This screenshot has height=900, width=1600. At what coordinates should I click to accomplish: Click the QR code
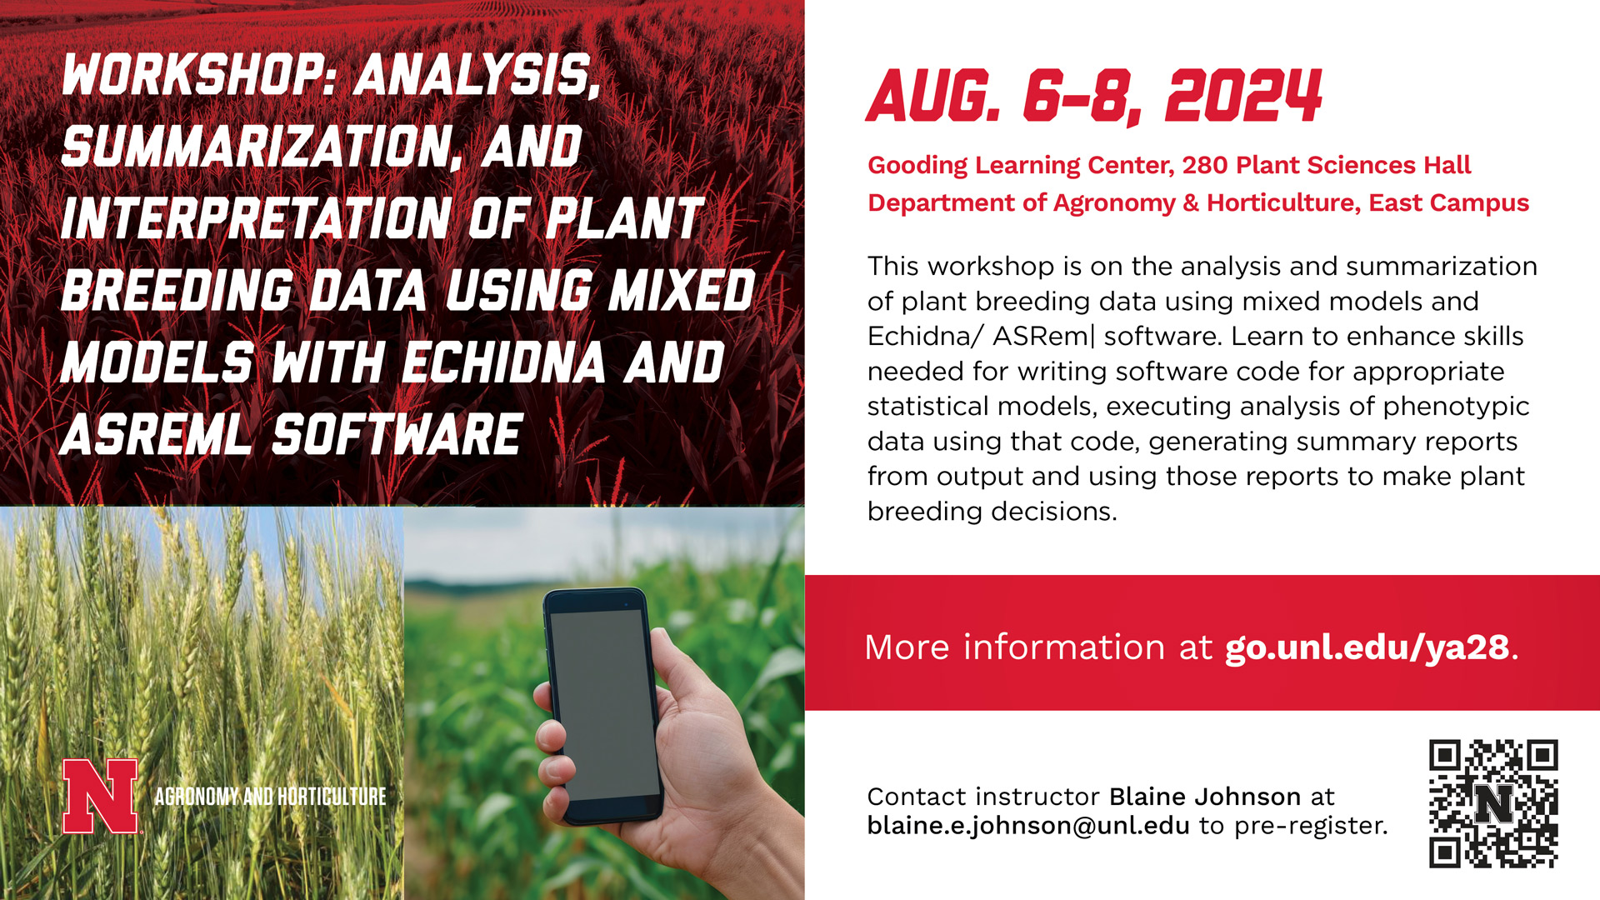click(1493, 804)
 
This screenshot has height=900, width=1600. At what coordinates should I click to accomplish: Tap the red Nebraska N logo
click(100, 796)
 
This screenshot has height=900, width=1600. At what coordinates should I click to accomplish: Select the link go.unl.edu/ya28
click(1367, 647)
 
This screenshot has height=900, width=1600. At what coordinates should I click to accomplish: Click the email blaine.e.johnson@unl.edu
click(1028, 825)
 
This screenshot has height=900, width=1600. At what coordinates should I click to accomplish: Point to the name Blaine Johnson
click(1205, 797)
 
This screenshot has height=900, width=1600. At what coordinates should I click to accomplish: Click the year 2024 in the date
click(1243, 96)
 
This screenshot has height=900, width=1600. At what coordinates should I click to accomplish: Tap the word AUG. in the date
click(933, 96)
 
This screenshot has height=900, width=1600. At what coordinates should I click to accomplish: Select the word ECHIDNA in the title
click(504, 362)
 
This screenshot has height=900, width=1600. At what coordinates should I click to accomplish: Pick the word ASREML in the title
click(156, 434)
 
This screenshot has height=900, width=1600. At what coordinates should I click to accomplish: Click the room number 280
click(1205, 165)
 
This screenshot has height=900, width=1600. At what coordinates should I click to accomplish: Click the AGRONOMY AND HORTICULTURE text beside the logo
click(270, 797)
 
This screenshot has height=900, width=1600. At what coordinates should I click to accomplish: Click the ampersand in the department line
click(1191, 202)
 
